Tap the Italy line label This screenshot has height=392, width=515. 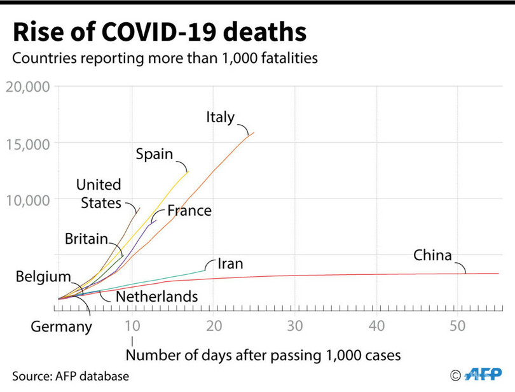click(220, 118)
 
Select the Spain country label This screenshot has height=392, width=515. click(154, 155)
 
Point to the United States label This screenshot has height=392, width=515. click(99, 193)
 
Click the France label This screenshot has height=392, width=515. click(189, 211)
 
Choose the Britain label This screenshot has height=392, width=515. click(86, 239)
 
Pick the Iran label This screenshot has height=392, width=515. click(230, 263)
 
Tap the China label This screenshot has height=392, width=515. click(432, 256)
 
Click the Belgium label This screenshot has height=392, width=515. click(43, 277)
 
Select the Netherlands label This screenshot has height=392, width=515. click(156, 297)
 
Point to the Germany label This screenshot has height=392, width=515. click(62, 327)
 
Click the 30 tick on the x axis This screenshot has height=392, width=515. click(294, 325)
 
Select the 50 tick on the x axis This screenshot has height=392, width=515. click(458, 325)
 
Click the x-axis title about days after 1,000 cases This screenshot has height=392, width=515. click(263, 354)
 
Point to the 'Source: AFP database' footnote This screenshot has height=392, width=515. click(70, 376)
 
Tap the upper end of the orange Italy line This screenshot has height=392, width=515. click(254, 132)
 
